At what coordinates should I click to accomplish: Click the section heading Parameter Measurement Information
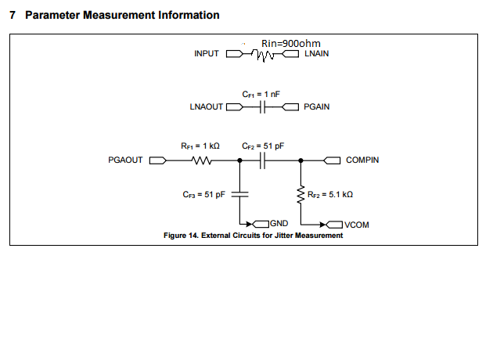pos(114,16)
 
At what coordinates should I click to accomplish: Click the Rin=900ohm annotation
pos(290,43)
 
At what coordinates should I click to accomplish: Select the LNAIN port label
pos(316,55)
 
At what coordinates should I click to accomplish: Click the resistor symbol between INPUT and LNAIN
pos(265,55)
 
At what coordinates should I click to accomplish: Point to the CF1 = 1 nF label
pos(260,94)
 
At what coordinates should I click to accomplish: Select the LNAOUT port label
pos(207,107)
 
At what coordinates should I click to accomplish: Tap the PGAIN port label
pos(316,107)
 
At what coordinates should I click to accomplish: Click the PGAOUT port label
pos(125,160)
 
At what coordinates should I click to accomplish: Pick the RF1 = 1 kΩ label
pos(200,146)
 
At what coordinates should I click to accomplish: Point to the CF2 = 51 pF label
pos(263,146)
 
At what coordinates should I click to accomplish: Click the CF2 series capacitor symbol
pos(264,161)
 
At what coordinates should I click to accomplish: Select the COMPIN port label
pos(362,160)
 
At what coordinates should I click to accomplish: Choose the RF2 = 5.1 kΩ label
pos(332,195)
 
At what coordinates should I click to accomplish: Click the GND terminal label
pos(281,224)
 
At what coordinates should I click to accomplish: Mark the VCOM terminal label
pos(356,225)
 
